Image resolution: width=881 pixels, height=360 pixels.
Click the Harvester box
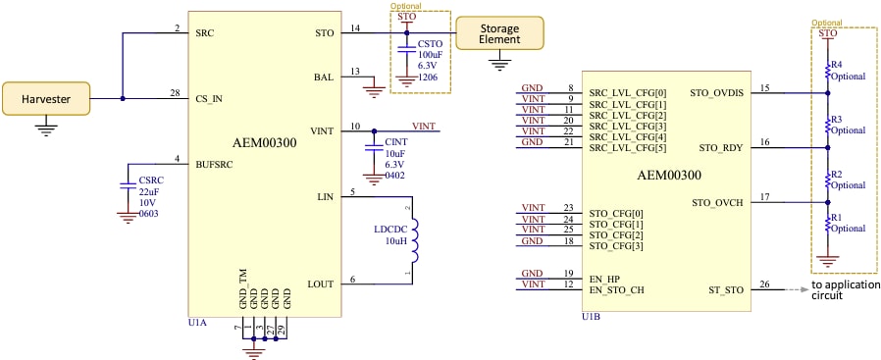(44, 98)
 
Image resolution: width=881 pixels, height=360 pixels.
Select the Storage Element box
(499, 32)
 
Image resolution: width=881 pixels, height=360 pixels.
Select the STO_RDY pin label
(721, 148)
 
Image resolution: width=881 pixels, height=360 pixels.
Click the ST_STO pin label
(726, 289)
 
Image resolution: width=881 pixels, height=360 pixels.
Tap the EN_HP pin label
(605, 278)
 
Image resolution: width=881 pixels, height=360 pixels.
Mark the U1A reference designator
(195, 322)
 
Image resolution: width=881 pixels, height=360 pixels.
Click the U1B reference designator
(592, 317)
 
